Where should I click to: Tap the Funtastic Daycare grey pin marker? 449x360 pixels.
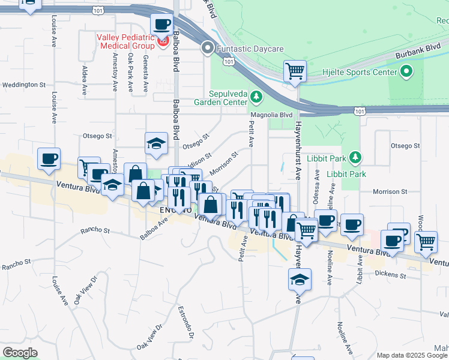208,47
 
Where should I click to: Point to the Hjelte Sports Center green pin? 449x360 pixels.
406,73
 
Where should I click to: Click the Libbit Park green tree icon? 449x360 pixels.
356,157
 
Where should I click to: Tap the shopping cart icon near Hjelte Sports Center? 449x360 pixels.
295,71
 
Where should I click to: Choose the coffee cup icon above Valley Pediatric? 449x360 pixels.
161,25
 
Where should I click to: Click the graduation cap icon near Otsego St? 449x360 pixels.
156,143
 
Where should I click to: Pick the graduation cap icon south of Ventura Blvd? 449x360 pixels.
300,279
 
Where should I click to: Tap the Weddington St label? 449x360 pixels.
24,85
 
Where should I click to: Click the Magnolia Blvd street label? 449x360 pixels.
271,114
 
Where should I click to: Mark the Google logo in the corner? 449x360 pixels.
20,352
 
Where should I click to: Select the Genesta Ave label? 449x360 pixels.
145,74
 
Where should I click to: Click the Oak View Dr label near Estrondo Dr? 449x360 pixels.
150,337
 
